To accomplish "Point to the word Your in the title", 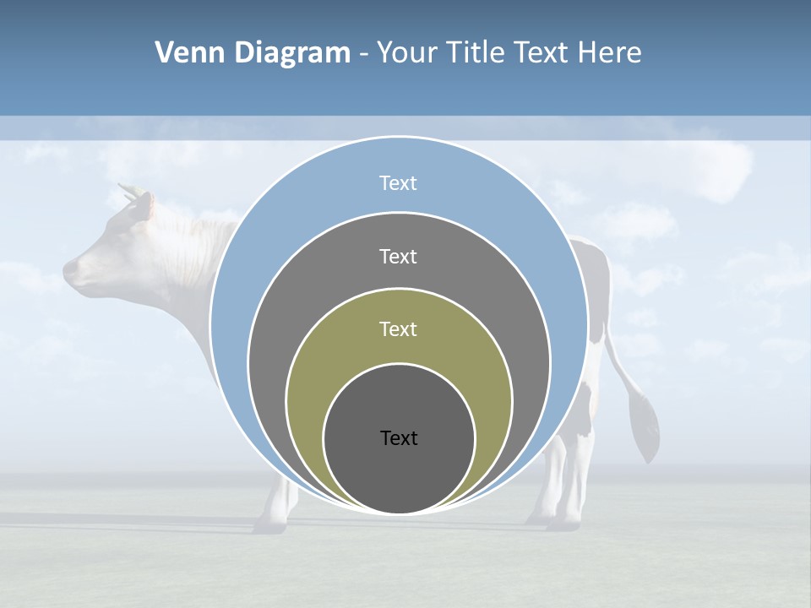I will [406, 53].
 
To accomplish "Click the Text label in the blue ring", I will [398, 183].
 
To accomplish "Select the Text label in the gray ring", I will [398, 256].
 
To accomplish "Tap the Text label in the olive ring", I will [398, 328].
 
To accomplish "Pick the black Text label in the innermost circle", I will [399, 437].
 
